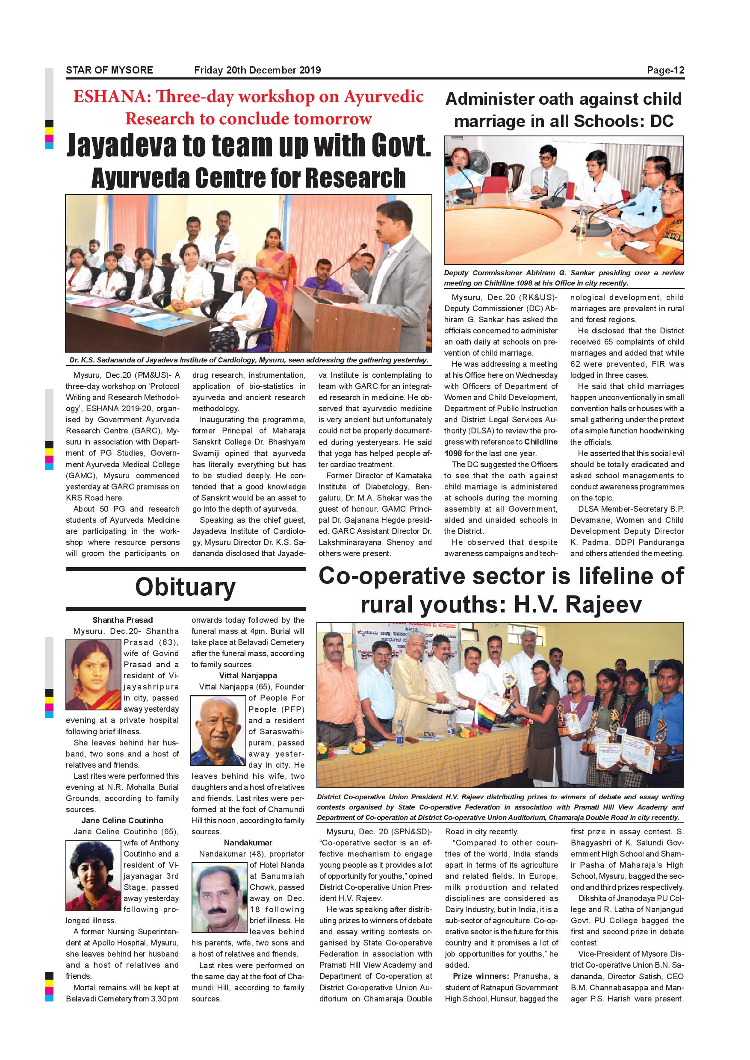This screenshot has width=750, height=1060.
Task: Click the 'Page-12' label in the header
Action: pos(665,70)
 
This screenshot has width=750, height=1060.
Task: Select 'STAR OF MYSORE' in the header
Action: pos(109,70)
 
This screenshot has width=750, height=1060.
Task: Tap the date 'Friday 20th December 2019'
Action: pos(257,70)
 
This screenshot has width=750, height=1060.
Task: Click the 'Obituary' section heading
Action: pos(185,587)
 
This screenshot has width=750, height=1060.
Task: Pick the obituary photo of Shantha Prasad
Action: pos(94,674)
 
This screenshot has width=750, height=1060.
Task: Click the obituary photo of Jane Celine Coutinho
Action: pos(93,875)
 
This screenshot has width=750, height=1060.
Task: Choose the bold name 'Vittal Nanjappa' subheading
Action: pos(248,675)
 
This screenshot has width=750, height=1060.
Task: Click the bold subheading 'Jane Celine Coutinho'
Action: pos(122,820)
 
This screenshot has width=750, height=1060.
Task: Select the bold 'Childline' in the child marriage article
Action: pos(541,442)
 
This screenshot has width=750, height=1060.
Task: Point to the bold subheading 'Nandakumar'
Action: pos(248,842)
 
